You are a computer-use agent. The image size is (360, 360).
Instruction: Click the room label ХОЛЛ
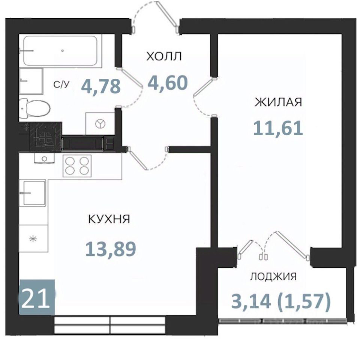(x=164, y=57)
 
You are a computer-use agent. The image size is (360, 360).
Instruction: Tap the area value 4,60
(x=168, y=83)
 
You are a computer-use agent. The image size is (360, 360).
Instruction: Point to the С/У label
(x=61, y=85)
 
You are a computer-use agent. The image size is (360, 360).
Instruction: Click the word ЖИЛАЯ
(x=278, y=102)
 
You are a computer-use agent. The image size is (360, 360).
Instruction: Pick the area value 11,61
(x=278, y=128)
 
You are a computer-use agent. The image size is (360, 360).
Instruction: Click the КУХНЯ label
(x=109, y=219)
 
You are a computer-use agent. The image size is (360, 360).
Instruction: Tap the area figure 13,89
(x=111, y=249)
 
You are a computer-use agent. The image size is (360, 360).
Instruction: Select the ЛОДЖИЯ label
(x=273, y=277)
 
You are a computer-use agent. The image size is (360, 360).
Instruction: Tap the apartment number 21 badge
(x=37, y=297)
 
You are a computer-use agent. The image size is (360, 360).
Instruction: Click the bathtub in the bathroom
(x=60, y=51)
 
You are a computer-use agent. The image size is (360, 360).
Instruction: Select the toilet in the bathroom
(x=34, y=108)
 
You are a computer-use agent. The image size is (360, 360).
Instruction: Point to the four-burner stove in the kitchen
(x=77, y=165)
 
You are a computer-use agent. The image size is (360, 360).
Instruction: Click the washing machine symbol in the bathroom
(x=100, y=124)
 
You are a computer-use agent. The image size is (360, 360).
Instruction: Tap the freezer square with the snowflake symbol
(x=33, y=238)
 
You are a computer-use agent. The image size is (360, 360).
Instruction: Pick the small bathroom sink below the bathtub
(x=31, y=81)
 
